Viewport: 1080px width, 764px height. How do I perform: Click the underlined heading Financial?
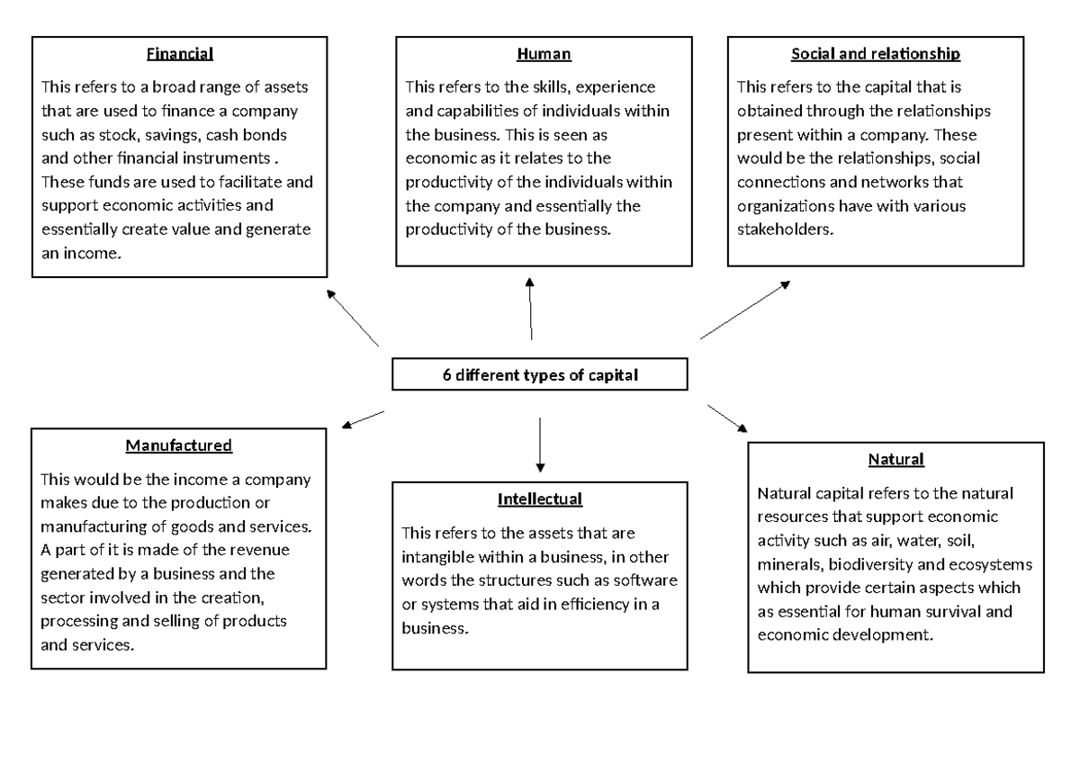click(180, 54)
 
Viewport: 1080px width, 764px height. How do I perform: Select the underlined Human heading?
click(544, 54)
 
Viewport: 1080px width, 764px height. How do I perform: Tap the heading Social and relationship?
click(875, 54)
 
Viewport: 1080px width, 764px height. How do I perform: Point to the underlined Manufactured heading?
click(179, 445)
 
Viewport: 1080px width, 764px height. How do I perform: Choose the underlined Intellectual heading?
click(540, 499)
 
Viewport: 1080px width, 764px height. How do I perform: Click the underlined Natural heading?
click(895, 460)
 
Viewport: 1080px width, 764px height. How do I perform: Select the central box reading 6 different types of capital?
click(540, 375)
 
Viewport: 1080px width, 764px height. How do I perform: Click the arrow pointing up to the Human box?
click(531, 309)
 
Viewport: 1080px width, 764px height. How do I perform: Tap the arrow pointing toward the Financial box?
click(352, 318)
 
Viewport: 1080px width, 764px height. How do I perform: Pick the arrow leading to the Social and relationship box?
click(744, 309)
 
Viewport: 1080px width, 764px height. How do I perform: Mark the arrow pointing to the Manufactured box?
click(363, 418)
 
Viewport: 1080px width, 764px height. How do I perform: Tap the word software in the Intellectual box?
click(648, 580)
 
